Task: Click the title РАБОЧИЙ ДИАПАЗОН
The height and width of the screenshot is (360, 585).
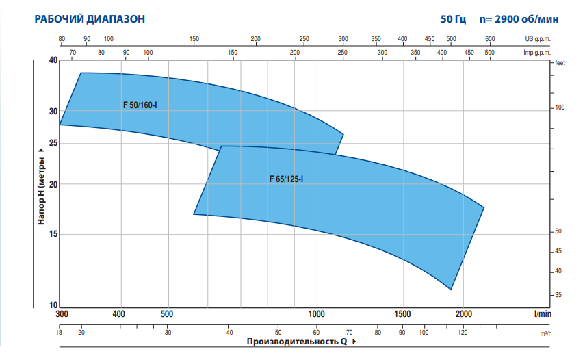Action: coord(90,19)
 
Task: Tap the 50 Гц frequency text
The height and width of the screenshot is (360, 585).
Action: coord(453,19)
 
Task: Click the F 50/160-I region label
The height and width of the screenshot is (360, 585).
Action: coord(140,105)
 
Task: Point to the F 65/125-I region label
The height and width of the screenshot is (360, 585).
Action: coord(286,179)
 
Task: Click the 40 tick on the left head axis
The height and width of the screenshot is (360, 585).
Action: coord(53,61)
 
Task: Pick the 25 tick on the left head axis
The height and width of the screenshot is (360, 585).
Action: coord(53,143)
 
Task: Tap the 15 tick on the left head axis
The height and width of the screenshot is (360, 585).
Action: coord(53,234)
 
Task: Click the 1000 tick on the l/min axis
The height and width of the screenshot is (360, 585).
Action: coord(317,313)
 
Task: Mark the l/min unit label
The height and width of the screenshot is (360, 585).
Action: coord(543,313)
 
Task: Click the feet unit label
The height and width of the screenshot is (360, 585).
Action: coord(561,62)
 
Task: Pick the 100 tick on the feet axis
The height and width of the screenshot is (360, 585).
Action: coord(560,108)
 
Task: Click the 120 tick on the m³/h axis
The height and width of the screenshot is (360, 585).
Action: coord(463,333)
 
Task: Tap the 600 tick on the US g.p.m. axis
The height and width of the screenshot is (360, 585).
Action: coord(490,39)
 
